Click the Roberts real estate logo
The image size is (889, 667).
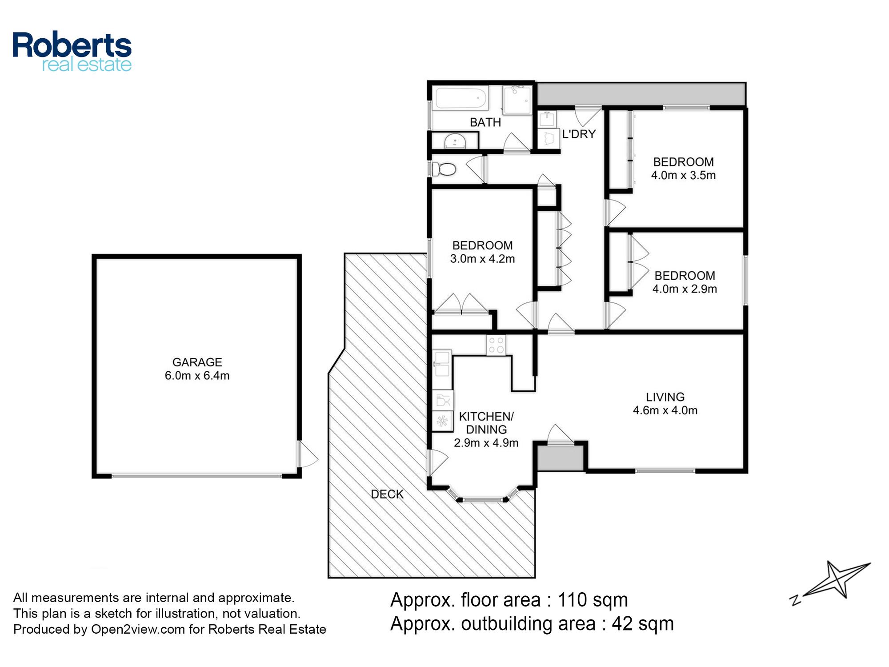click(x=72, y=52)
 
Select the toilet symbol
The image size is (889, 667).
click(x=444, y=169)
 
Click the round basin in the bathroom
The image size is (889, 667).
click(x=455, y=141)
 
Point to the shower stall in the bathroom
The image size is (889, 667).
click(x=517, y=100)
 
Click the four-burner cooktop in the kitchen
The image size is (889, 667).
click(x=496, y=345)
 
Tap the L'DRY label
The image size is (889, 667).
click(x=579, y=134)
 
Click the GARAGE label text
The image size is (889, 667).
click(x=197, y=362)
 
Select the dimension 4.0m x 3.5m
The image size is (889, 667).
click(x=683, y=175)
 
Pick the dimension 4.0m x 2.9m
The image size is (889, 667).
click(x=685, y=289)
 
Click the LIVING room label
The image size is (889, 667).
click(x=665, y=397)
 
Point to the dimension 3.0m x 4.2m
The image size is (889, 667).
click(x=482, y=259)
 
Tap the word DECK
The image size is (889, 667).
click(x=387, y=494)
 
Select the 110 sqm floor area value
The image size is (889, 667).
click(x=593, y=600)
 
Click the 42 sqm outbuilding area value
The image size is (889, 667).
click(x=643, y=624)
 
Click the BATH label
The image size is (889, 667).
click(x=485, y=122)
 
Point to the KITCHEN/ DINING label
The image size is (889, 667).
click(x=486, y=423)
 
